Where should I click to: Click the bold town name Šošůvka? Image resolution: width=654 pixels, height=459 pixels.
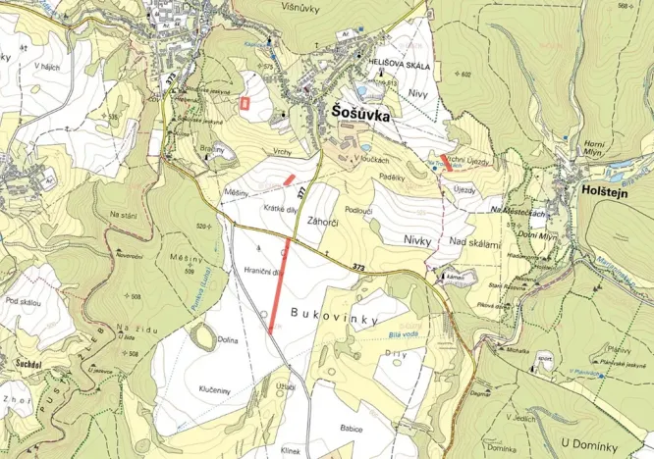tap(354, 115)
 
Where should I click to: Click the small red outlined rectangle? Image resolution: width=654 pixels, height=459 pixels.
tap(245, 100)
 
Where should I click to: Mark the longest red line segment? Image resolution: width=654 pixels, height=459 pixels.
tap(280, 284)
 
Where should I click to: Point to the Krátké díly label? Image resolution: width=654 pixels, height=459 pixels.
tap(281, 208)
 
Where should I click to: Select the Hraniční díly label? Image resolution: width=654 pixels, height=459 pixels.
tap(262, 272)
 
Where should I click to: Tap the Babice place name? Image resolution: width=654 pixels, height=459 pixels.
tap(352, 429)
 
